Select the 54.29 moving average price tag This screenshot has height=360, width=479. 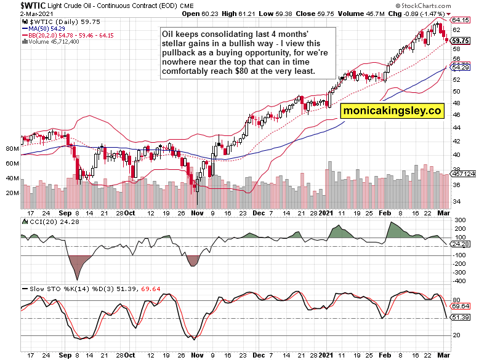462,66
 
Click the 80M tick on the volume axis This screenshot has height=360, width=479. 12,149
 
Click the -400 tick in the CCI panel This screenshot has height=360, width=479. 457,281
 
